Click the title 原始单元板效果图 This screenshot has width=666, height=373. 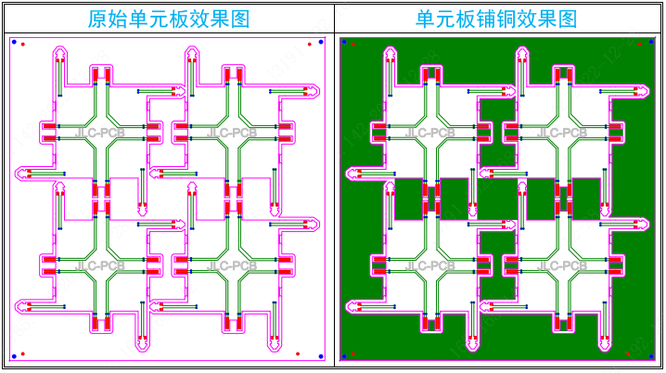tap(168, 19)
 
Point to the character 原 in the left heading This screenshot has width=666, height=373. tap(96, 19)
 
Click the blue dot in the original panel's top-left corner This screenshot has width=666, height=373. tap(14, 42)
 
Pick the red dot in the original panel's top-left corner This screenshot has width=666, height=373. tap(23, 44)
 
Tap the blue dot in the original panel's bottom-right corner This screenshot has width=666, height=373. tap(321, 355)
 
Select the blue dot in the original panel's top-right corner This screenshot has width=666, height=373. tap(321, 42)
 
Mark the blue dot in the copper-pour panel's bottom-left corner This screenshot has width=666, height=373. tap(343, 355)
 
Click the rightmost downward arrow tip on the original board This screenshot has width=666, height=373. tap(275, 348)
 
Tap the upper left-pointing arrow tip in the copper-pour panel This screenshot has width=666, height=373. tap(349, 173)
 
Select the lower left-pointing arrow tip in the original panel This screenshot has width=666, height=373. tap(19, 304)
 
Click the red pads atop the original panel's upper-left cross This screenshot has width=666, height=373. tap(101, 75)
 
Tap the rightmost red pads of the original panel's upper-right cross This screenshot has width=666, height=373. tap(286, 132)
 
